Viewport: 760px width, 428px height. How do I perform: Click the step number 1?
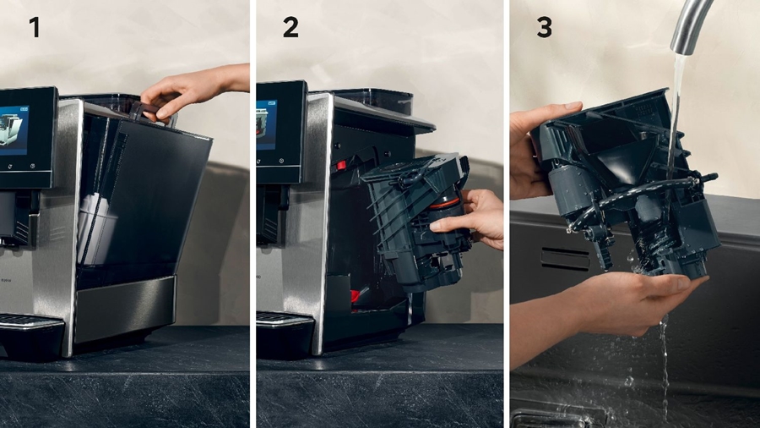pyautogui.click(x=35, y=27)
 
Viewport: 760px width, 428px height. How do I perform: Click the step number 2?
pyautogui.click(x=290, y=27)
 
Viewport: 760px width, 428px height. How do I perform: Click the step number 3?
pyautogui.click(x=545, y=27)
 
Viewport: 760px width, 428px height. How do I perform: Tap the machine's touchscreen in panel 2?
pyautogui.click(x=268, y=127)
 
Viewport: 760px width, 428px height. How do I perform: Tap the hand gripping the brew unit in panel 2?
pyautogui.click(x=473, y=216)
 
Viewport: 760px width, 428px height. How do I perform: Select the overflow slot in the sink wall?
pyautogui.click(x=565, y=258)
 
